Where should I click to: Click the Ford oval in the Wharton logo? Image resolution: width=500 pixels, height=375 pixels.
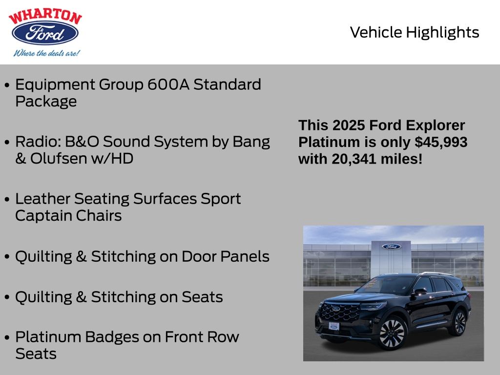pyautogui.click(x=45, y=34)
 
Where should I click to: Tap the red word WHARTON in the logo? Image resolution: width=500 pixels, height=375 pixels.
pyautogui.click(x=45, y=17)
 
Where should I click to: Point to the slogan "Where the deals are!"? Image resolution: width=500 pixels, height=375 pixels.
pyautogui.click(x=46, y=53)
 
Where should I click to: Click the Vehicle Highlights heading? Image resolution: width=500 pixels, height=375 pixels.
pyautogui.click(x=415, y=32)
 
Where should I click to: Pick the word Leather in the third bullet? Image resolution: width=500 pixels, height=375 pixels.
pyautogui.click(x=42, y=199)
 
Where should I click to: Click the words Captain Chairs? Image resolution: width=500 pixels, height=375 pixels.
pyautogui.click(x=68, y=215)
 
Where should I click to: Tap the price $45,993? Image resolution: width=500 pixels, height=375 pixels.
pyautogui.click(x=440, y=142)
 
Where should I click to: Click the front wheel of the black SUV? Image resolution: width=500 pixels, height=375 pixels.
pyautogui.click(x=392, y=333)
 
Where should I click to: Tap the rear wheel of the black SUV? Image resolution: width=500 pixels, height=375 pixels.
pyautogui.click(x=459, y=323)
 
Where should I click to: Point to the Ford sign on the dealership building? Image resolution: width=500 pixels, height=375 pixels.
pyautogui.click(x=391, y=247)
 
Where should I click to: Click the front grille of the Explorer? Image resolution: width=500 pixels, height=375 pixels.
pyautogui.click(x=340, y=312)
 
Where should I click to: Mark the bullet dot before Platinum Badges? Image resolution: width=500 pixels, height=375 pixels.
pyautogui.click(x=7, y=338)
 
